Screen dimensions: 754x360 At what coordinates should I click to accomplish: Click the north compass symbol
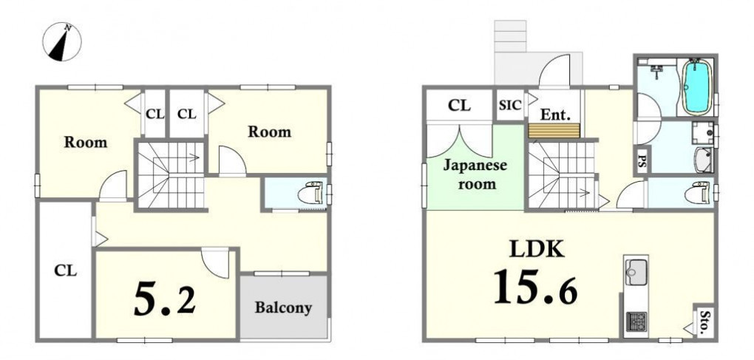tap(62, 42)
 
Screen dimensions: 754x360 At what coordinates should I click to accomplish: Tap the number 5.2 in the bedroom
tap(164, 299)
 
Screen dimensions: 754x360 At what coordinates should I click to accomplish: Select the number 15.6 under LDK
tap(535, 287)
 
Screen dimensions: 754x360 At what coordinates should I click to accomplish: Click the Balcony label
tap(283, 308)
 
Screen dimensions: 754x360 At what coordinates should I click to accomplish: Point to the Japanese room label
tap(475, 174)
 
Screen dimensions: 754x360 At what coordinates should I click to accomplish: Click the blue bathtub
tap(697, 86)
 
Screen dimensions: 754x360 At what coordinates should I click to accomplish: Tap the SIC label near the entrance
tap(510, 105)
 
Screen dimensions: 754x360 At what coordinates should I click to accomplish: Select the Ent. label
tap(555, 115)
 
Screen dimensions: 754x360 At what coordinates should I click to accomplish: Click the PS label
tap(642, 162)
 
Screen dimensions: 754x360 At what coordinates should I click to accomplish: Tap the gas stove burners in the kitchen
tap(636, 322)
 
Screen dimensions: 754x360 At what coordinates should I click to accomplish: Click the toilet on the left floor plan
tap(310, 193)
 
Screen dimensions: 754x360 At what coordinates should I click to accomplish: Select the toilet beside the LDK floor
tap(697, 193)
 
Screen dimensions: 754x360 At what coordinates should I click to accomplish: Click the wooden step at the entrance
tap(554, 130)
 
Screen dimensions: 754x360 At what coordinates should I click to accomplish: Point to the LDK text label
tap(537, 249)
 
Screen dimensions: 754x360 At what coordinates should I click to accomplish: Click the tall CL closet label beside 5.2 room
tap(65, 271)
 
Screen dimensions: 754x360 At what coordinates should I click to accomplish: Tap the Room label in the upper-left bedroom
tap(86, 142)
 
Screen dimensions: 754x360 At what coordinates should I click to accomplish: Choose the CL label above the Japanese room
tap(459, 105)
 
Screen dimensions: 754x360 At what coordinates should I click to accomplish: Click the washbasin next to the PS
tap(704, 160)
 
